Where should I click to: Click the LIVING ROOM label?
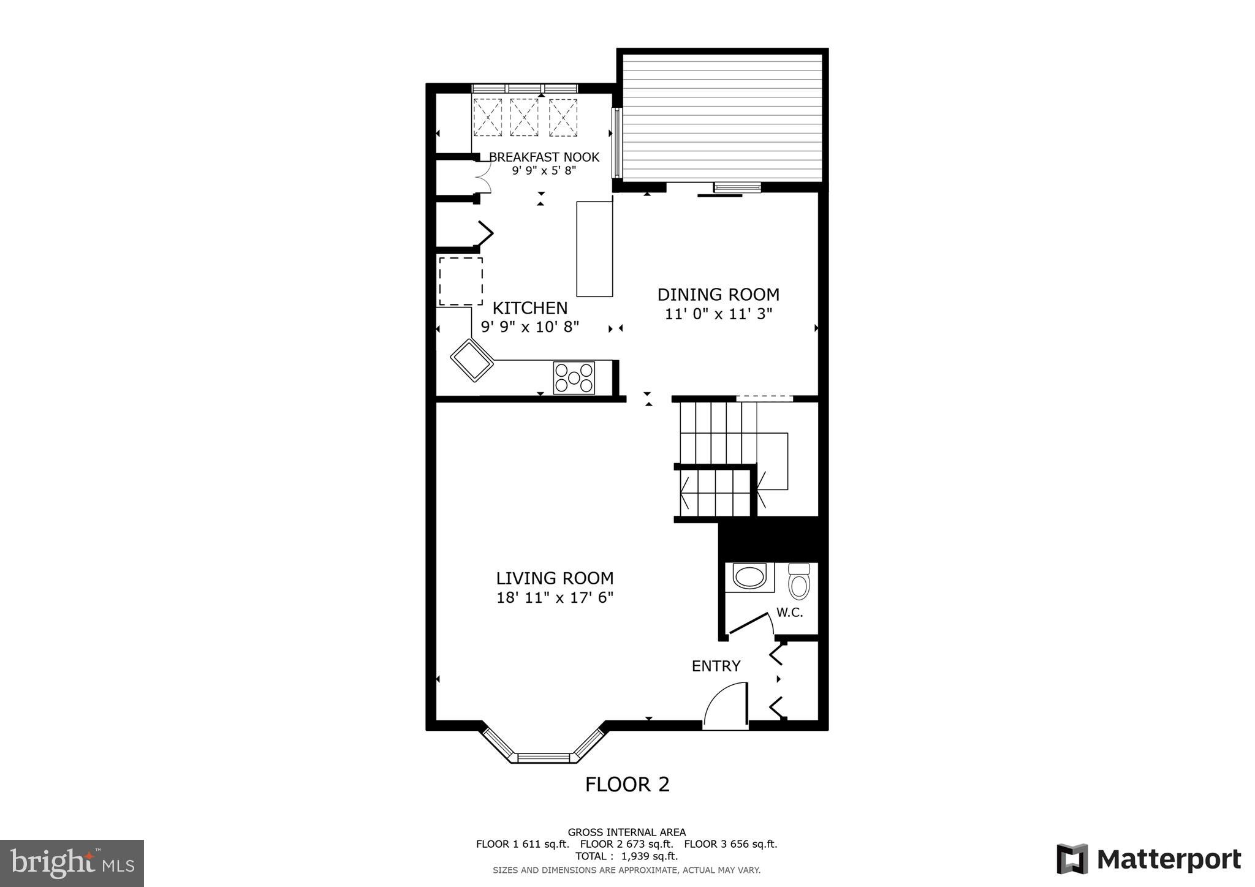(x=555, y=578)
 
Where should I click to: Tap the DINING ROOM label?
(x=718, y=295)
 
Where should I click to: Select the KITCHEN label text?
(x=530, y=308)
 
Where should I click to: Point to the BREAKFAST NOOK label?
(x=544, y=157)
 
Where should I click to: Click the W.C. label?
(x=789, y=613)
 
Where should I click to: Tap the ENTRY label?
(x=716, y=666)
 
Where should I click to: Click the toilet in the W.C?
(x=798, y=582)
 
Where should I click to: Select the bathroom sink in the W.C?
(x=749, y=577)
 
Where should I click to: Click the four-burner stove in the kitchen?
(x=574, y=378)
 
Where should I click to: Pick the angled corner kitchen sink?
(x=472, y=360)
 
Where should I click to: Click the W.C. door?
(x=749, y=622)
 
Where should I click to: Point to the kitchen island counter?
(x=594, y=249)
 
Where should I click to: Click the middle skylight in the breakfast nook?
(x=524, y=117)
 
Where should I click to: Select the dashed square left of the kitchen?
(x=461, y=281)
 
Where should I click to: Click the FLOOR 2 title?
(x=627, y=785)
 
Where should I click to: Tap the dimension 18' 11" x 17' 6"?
(x=555, y=598)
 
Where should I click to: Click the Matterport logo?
(x=1148, y=859)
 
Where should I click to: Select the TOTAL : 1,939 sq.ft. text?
(x=626, y=856)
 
